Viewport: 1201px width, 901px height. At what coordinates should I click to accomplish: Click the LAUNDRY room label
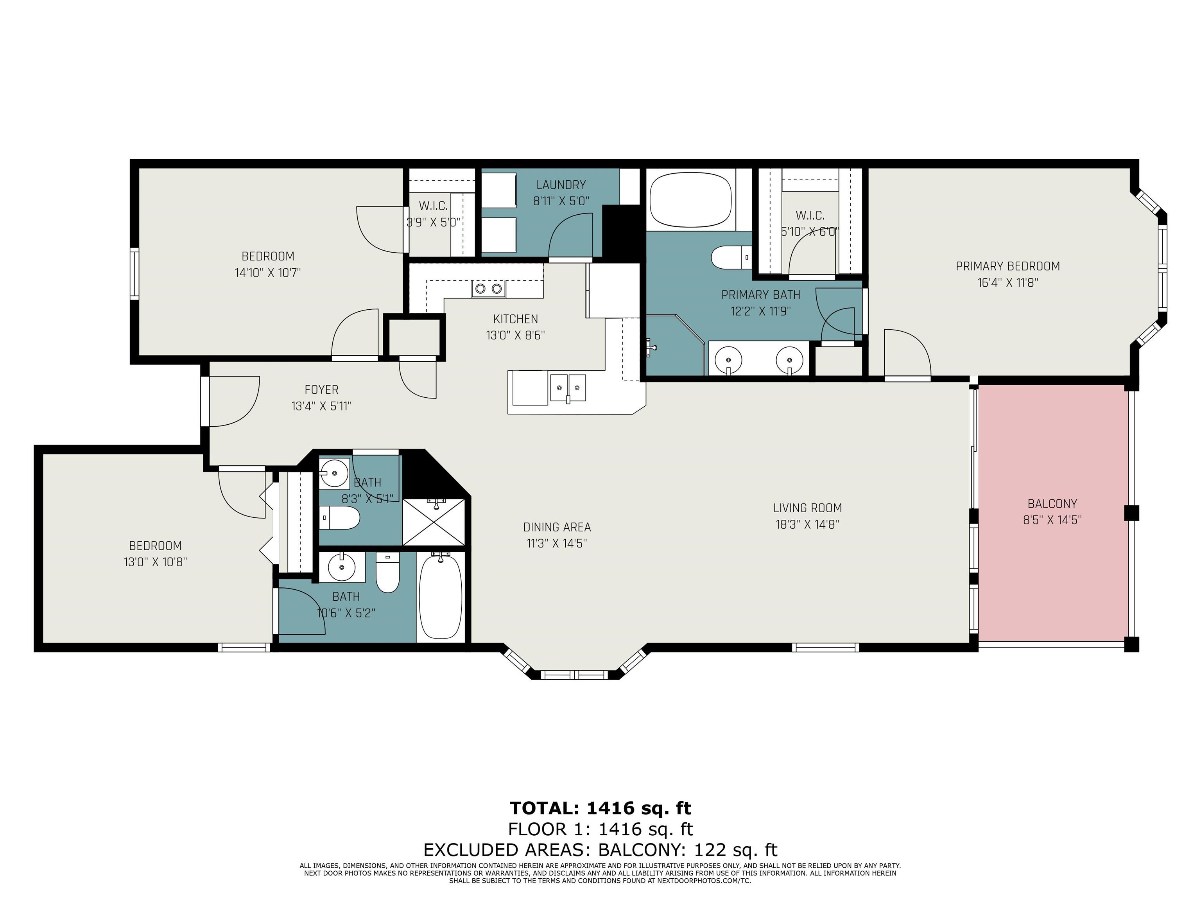point(561,185)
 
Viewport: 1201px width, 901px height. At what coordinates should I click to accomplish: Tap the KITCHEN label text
point(515,319)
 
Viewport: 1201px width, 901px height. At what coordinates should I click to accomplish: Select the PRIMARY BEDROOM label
point(1008,266)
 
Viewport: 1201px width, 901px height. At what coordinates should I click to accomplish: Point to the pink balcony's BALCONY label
point(1052,503)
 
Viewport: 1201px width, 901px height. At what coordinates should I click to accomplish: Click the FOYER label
point(321,389)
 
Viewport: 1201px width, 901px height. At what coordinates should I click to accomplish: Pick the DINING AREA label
point(557,527)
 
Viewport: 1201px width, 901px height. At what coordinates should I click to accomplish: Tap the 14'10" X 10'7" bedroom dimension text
point(268,273)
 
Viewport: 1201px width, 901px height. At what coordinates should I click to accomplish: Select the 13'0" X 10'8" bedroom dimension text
point(155,562)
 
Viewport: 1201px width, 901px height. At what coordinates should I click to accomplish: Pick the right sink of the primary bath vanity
point(789,359)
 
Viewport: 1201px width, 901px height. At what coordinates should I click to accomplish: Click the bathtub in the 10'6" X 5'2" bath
point(440,596)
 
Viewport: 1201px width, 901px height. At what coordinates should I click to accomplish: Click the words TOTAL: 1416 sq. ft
point(600,809)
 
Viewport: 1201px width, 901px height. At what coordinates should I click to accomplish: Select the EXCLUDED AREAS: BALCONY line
point(600,849)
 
